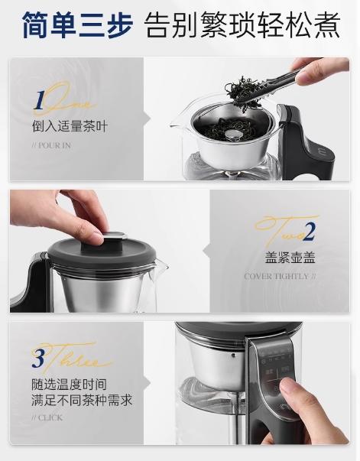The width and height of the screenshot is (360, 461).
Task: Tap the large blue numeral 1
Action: click(38, 102)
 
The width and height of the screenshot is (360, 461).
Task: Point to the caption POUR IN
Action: click(53, 145)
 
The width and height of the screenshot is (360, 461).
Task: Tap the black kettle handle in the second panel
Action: click(31, 279)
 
